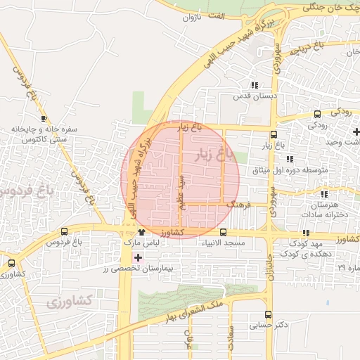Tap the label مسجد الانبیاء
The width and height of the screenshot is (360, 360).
[x=224, y=243]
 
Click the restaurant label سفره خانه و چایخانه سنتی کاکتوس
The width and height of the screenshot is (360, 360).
[x=44, y=135]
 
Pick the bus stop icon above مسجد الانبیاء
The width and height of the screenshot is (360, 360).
[x=223, y=233]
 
